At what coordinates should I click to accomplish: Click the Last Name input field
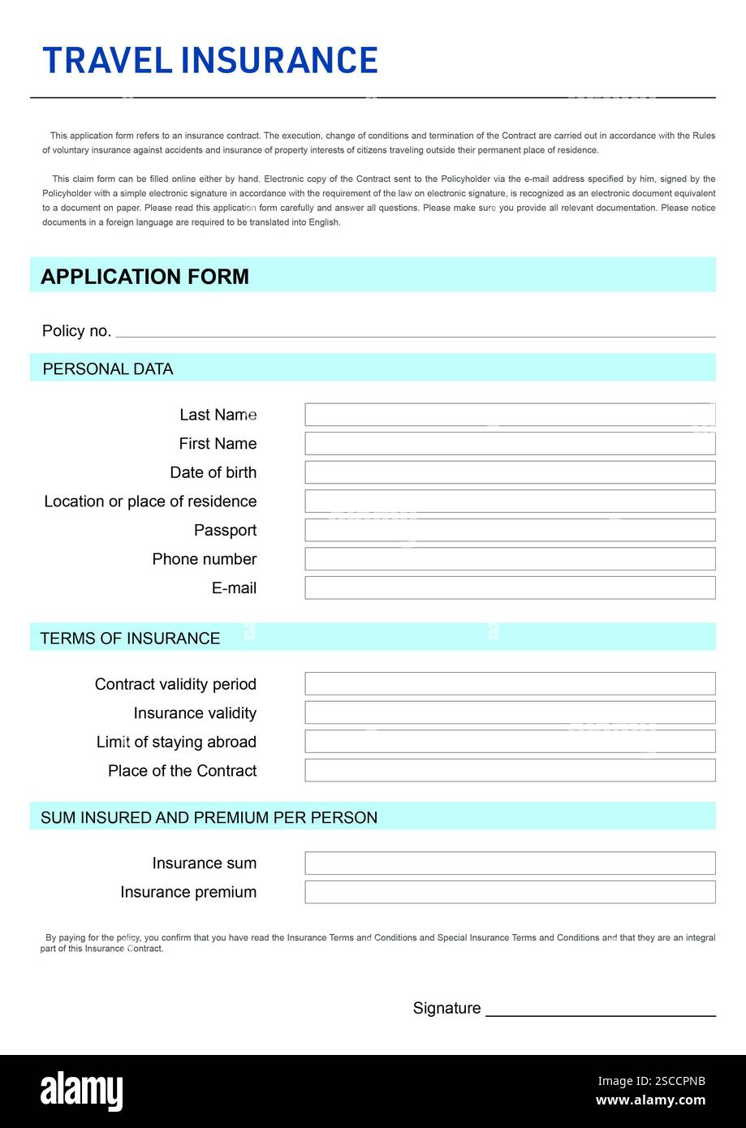510,415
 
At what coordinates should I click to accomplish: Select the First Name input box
510,444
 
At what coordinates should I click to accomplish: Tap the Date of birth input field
510,472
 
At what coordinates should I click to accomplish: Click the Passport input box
510,531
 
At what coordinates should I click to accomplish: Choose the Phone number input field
510,559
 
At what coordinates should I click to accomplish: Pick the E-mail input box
510,588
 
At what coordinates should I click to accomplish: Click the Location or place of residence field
510,502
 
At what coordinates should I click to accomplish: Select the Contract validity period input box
510,684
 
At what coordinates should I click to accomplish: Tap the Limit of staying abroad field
510,742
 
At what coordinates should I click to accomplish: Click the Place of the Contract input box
510,771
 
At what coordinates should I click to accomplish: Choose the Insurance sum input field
510,863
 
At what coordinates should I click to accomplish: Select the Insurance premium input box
510,893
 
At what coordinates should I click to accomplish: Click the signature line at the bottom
600,1014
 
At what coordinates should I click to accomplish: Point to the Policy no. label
76,331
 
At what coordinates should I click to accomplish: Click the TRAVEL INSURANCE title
209,61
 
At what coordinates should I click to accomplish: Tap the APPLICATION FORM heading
144,277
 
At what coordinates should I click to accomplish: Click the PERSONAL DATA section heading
107,369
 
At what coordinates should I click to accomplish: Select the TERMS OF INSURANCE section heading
130,639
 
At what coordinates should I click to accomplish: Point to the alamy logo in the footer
81,1091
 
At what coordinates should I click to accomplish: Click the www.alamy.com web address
650,1100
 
